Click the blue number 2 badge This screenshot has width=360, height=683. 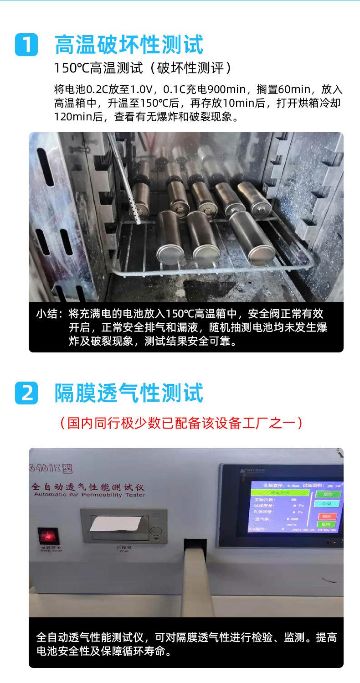[x=26, y=393]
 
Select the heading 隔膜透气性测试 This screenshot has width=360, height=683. [x=129, y=393]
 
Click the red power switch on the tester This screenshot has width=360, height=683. [x=48, y=536]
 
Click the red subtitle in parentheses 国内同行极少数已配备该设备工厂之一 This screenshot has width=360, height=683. [x=181, y=423]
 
